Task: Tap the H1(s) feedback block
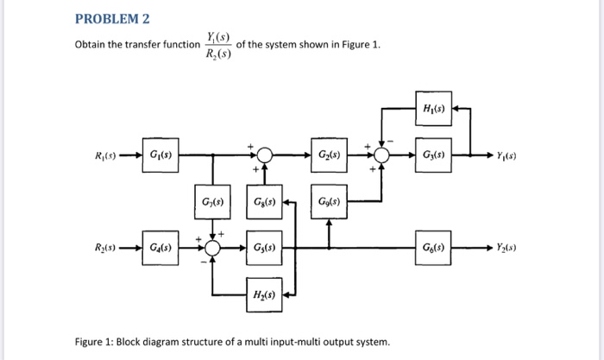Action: pyautogui.click(x=434, y=109)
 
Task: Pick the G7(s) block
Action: pyautogui.click(x=212, y=202)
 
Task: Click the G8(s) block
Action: pyautogui.click(x=265, y=202)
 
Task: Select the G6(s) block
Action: pyautogui.click(x=434, y=248)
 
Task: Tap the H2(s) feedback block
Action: pyautogui.click(x=265, y=294)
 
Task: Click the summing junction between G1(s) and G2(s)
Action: pyautogui.click(x=265, y=155)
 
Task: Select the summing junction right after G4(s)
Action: pyautogui.click(x=212, y=248)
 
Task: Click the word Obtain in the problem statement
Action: pyautogui.click(x=93, y=45)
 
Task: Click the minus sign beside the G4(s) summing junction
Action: pyautogui.click(x=200, y=260)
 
